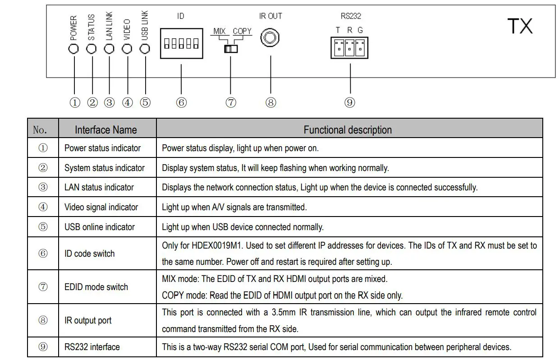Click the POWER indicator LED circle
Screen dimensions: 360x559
74,49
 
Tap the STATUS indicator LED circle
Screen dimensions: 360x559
92,49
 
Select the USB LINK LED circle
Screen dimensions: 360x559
145,49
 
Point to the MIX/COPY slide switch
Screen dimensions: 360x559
230,48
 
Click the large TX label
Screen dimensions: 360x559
520,26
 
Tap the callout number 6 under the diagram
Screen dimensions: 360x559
181,103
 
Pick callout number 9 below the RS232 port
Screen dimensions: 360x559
350,103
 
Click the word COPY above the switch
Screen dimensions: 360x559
242,31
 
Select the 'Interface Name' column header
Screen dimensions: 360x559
105,130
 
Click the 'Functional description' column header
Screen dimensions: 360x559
348,130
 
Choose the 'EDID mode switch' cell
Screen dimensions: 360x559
96,287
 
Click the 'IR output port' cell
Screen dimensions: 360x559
88,320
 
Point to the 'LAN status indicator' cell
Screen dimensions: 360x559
99,187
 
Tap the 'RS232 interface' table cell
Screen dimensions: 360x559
92,347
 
